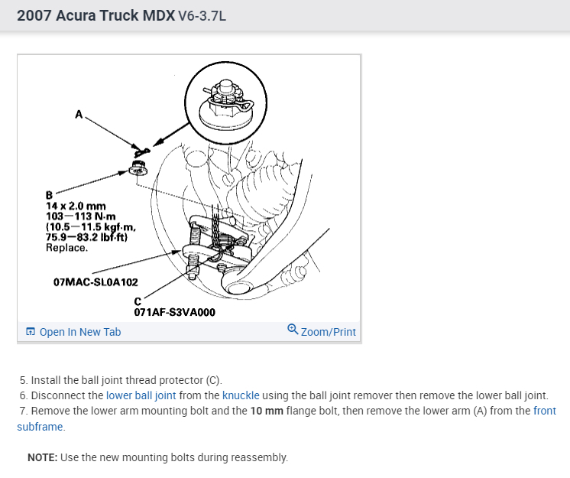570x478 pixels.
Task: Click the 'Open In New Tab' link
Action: coord(79,332)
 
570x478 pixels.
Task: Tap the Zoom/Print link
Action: coord(329,332)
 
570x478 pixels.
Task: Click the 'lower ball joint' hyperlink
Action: coord(141,395)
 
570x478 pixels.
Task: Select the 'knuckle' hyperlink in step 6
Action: coord(241,395)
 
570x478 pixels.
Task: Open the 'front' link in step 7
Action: coord(545,411)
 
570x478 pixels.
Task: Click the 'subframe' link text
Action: coord(40,427)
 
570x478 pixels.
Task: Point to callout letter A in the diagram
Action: coord(79,115)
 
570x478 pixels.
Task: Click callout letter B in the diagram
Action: coord(50,195)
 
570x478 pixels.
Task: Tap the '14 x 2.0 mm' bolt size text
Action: coord(76,206)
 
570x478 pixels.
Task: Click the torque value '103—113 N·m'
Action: coord(80,216)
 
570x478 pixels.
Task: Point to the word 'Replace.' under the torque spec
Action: coord(66,248)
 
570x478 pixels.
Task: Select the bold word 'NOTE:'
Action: coord(44,457)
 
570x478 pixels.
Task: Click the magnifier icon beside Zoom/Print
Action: coord(293,330)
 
